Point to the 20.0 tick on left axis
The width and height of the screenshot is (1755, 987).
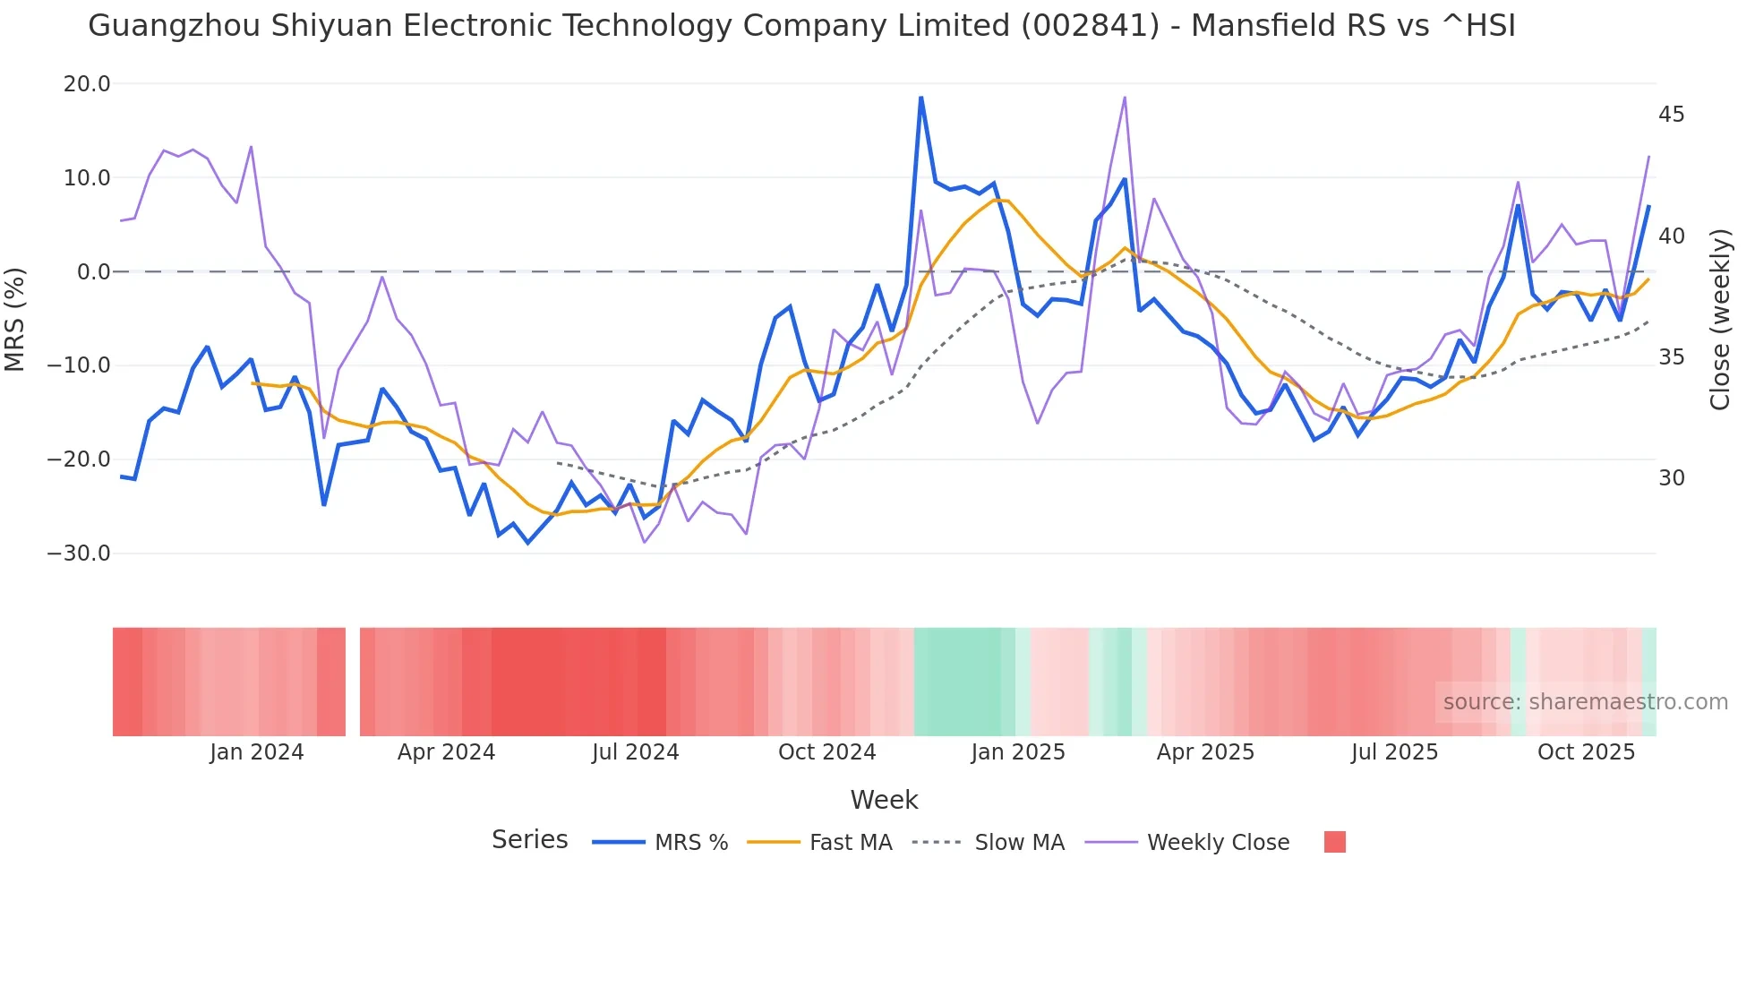coord(87,84)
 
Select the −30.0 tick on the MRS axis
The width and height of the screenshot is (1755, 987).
coord(80,554)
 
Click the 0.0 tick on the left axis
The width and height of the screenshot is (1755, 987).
coord(94,272)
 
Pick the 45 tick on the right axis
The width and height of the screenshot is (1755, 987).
coord(1671,115)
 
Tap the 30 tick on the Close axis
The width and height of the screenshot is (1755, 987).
coord(1671,478)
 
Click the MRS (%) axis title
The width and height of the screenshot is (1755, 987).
coord(15,319)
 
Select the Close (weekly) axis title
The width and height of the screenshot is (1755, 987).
coord(1720,319)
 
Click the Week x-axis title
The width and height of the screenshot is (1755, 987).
coord(884,800)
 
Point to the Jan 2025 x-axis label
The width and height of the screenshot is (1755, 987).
coord(1018,752)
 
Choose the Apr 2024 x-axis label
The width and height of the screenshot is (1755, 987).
coord(446,752)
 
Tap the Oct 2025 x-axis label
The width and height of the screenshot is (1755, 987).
coord(1586,752)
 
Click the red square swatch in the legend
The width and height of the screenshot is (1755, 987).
coord(1334,842)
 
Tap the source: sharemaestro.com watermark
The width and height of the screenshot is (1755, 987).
coord(1585,702)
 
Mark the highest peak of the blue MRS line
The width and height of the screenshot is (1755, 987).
coord(920,98)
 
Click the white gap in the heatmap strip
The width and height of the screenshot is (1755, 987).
coord(353,682)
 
